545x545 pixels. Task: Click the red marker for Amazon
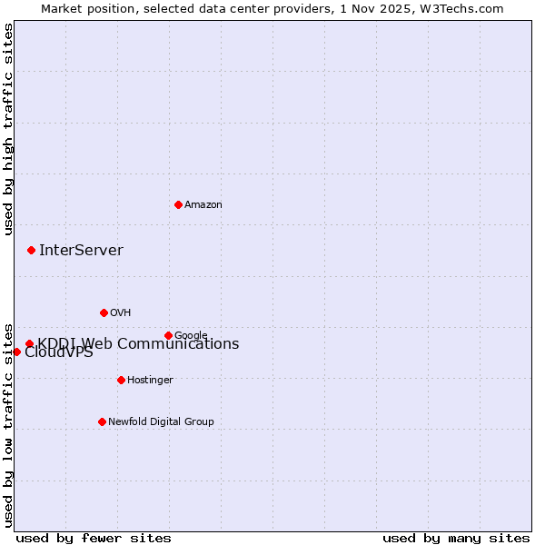click(178, 204)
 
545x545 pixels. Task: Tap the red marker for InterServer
click(31, 250)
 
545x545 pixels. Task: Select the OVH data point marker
click(104, 312)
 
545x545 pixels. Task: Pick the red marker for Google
click(168, 335)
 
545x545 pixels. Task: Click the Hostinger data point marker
click(121, 380)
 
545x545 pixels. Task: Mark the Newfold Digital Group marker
click(102, 421)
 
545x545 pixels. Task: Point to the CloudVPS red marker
click(16, 352)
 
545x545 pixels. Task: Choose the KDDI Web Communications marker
click(29, 343)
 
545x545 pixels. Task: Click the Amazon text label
click(203, 205)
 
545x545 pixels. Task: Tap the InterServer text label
click(81, 251)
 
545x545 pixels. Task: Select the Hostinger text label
click(150, 380)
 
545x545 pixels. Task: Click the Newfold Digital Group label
click(161, 421)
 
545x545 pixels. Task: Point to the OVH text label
click(121, 312)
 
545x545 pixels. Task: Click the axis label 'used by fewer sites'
click(94, 538)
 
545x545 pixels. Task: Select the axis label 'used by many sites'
click(456, 538)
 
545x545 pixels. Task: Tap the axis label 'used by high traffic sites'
click(8, 129)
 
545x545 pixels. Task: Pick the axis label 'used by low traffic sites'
click(8, 424)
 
